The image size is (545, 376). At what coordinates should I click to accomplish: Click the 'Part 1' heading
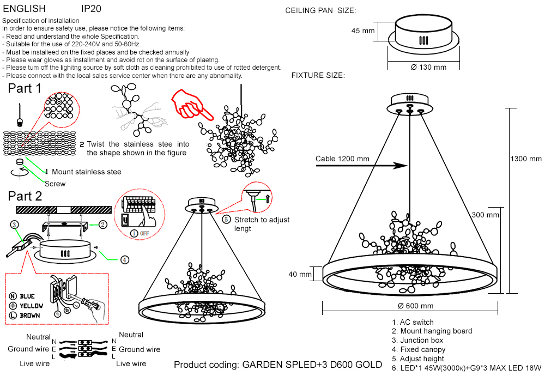(x=25, y=88)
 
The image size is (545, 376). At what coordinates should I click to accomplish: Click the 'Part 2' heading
(x=25, y=196)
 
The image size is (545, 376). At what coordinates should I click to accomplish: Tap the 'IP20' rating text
(x=91, y=9)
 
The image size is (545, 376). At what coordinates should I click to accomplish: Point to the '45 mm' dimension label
(x=363, y=31)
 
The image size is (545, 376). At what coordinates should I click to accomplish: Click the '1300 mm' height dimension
(x=526, y=159)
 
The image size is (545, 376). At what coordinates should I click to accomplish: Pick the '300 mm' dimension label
(x=485, y=215)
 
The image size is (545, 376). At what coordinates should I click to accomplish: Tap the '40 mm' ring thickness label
(x=300, y=274)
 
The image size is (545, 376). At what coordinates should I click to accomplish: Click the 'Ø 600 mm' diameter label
(x=415, y=306)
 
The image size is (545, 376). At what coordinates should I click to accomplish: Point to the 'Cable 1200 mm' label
(x=342, y=159)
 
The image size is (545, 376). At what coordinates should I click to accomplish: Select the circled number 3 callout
(x=15, y=224)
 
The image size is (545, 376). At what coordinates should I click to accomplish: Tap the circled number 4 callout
(x=125, y=260)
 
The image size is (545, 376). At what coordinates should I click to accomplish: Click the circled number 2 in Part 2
(x=102, y=224)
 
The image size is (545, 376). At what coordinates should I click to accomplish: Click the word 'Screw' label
(x=55, y=184)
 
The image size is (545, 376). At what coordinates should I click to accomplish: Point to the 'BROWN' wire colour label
(x=29, y=316)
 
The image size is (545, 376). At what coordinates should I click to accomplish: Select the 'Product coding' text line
(x=278, y=364)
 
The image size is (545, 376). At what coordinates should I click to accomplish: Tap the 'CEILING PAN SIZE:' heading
(x=320, y=10)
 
